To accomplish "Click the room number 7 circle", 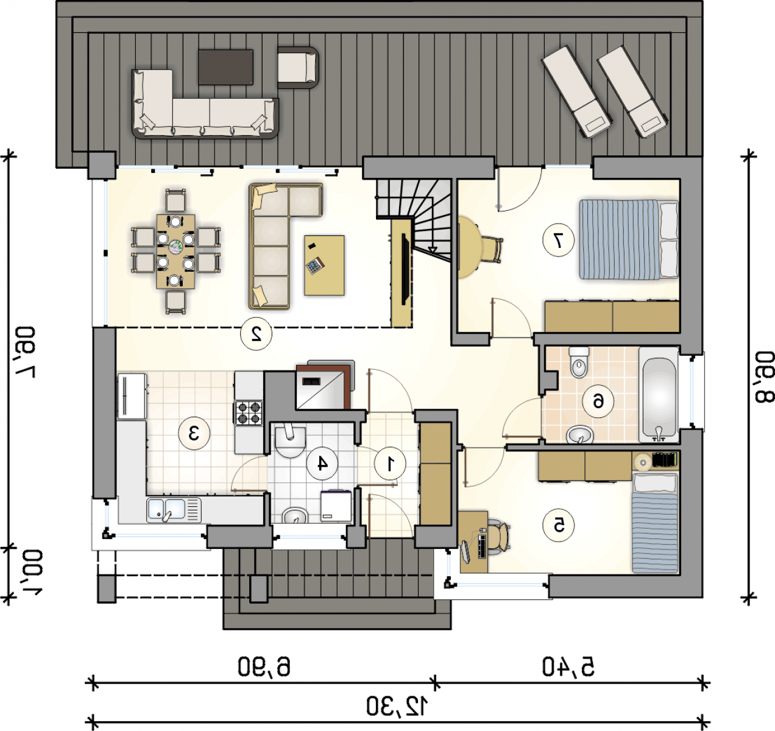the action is (559, 240).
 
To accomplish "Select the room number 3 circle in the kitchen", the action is (194, 433).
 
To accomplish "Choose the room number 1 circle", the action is (390, 464).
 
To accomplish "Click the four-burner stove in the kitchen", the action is (249, 413).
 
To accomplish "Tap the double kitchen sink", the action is (174, 510).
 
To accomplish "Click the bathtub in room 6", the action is (659, 395).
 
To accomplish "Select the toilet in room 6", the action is (579, 362).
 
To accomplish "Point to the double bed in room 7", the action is (629, 239).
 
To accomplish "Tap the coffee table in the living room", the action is (324, 265).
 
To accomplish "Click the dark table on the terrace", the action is (225, 67).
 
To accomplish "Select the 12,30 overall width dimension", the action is (397, 707).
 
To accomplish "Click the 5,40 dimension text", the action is (568, 666).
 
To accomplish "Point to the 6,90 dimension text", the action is (264, 666).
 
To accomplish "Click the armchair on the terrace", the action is (298, 68).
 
